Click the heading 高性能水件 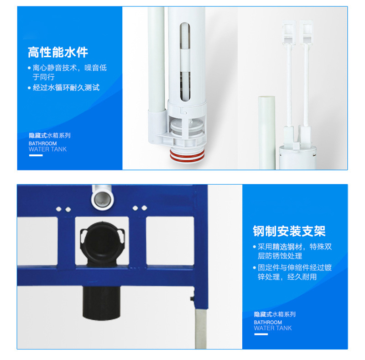coord(57,53)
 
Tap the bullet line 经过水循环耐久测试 coord(66,87)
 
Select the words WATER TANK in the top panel coord(47,149)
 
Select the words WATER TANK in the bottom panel coord(273,328)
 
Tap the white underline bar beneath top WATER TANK coord(36,156)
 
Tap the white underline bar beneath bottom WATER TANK coord(261,334)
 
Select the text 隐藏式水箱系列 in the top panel coord(49,136)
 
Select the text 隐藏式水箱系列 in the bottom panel coord(275,314)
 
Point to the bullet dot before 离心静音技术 coord(30,69)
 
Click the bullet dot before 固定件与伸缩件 coord(255,268)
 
